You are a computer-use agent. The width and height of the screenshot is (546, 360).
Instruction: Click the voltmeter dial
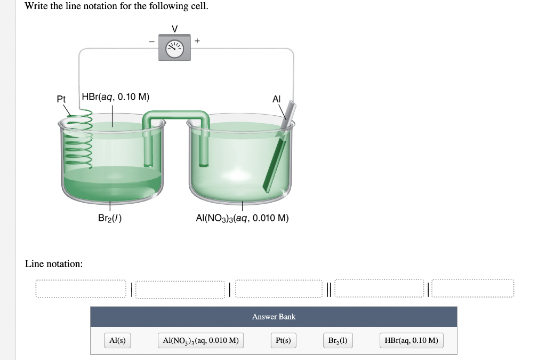[x=174, y=49]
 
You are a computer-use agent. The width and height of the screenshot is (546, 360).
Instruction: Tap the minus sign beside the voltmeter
[x=151, y=42]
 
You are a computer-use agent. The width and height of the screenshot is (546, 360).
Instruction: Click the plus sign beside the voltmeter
[x=197, y=41]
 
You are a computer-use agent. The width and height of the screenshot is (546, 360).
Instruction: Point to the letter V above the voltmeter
[x=175, y=29]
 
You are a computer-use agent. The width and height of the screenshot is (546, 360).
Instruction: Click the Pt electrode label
[x=61, y=99]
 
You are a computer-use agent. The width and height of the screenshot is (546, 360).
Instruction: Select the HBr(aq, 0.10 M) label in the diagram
[x=116, y=97]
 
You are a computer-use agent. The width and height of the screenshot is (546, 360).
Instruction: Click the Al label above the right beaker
[x=276, y=99]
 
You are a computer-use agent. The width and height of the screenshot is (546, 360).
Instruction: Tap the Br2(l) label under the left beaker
[x=110, y=218]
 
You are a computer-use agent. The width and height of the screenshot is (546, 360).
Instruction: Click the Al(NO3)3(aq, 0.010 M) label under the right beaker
[x=243, y=218]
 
